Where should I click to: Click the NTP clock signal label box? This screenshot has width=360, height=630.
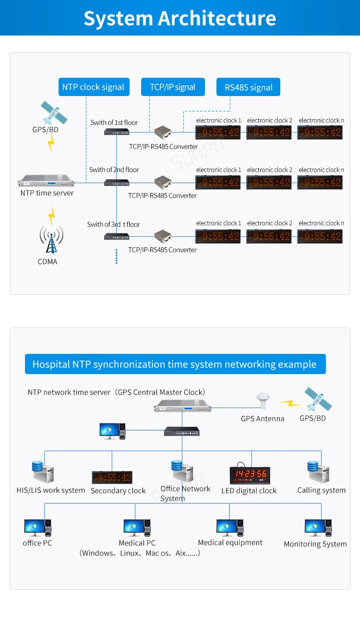click(94, 87)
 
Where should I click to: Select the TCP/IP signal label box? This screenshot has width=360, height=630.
click(173, 87)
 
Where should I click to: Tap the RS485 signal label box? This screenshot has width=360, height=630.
click(248, 87)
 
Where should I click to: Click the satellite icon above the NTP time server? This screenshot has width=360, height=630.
click(53, 112)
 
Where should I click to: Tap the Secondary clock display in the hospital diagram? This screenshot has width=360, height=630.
click(112, 477)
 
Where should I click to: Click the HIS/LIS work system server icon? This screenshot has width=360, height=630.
click(42, 472)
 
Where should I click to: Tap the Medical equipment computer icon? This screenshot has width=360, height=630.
click(230, 528)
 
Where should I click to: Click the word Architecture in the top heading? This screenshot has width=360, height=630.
click(217, 18)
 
